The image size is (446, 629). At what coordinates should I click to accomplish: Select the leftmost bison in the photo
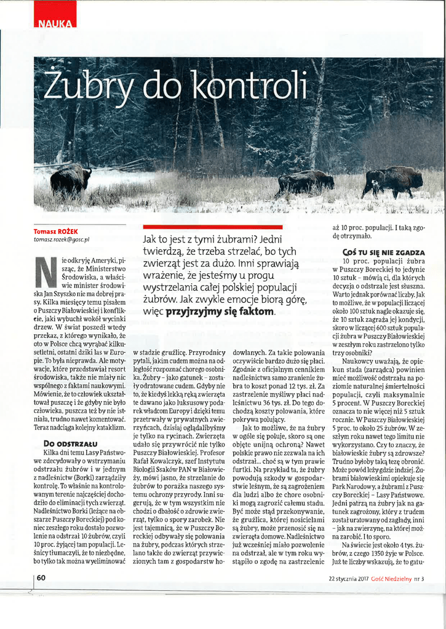click(71, 179)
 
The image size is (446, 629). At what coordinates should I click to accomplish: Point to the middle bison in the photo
click(305, 182)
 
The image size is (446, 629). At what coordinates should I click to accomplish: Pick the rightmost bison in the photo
click(393, 181)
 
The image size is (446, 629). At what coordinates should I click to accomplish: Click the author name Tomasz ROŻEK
click(60, 232)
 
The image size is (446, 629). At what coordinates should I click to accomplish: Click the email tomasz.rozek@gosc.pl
click(62, 240)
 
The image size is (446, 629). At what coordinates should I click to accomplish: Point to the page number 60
click(41, 577)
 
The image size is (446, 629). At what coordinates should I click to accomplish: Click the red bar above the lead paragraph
click(212, 227)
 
